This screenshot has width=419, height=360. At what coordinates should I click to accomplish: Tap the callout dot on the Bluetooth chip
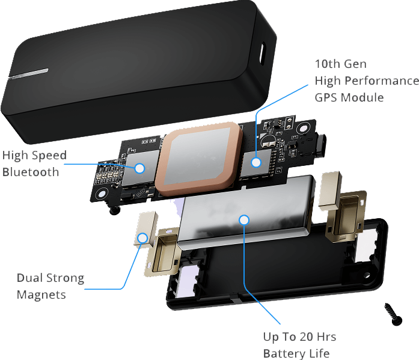click(x=139, y=168)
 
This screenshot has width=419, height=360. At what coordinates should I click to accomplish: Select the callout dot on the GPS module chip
click(x=257, y=161)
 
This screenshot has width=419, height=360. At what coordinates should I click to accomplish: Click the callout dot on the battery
click(x=244, y=220)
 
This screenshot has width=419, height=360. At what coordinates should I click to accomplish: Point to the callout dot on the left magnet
click(x=142, y=237)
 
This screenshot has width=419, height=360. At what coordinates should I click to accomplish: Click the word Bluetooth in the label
click(x=31, y=172)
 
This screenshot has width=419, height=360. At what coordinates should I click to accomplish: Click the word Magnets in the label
click(x=41, y=295)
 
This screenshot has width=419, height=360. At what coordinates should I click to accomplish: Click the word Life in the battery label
click(x=319, y=353)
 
